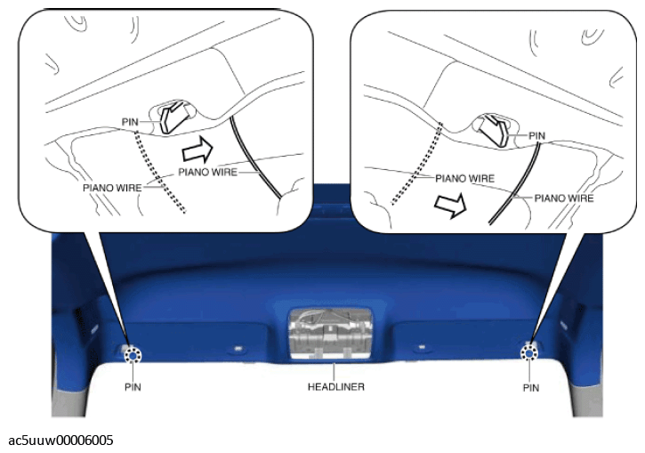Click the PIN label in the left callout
[130, 122]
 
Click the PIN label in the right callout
[536, 136]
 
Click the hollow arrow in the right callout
[450, 204]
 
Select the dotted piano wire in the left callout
[160, 172]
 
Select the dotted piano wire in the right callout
[417, 164]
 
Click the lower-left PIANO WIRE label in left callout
[112, 188]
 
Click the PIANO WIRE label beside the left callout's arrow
[207, 172]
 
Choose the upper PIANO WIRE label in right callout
[464, 179]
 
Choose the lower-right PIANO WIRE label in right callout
[564, 198]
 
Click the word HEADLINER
[336, 387]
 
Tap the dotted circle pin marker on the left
[133, 355]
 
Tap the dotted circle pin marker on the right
[529, 353]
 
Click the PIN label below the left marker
[133, 387]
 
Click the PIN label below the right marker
[531, 388]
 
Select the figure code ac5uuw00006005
[60, 441]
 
